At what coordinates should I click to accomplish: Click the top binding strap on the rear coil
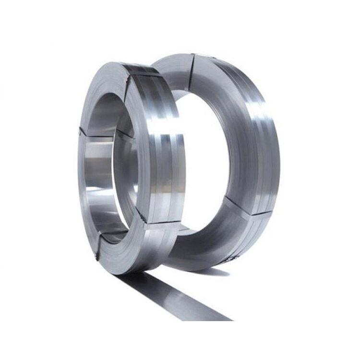(192, 67)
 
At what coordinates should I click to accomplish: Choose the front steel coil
(130, 168)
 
